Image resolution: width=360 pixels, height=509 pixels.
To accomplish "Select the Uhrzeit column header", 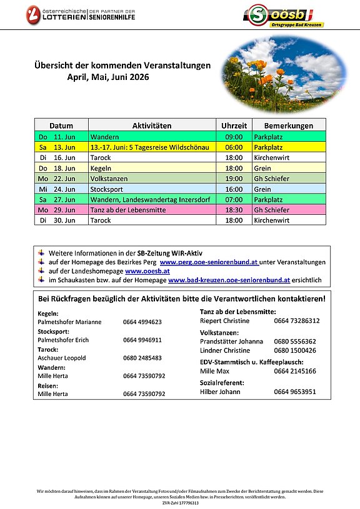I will (x=234, y=126).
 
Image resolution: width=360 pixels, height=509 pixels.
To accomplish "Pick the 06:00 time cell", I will (x=234, y=147).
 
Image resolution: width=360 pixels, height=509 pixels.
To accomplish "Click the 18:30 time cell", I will (x=234, y=210).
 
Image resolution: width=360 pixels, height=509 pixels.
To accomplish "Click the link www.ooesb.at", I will (x=147, y=271).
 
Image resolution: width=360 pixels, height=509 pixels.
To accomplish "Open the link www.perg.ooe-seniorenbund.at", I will (x=209, y=262).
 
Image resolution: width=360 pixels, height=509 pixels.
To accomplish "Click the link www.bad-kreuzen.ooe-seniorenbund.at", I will (x=229, y=280).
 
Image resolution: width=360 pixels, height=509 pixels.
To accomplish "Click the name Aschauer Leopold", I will (x=62, y=358).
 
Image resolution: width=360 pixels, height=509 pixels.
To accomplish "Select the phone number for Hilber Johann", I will (x=294, y=392).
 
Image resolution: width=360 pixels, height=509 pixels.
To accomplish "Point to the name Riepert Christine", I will (x=224, y=321).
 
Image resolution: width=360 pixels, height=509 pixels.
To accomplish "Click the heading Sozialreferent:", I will (x=222, y=383).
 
